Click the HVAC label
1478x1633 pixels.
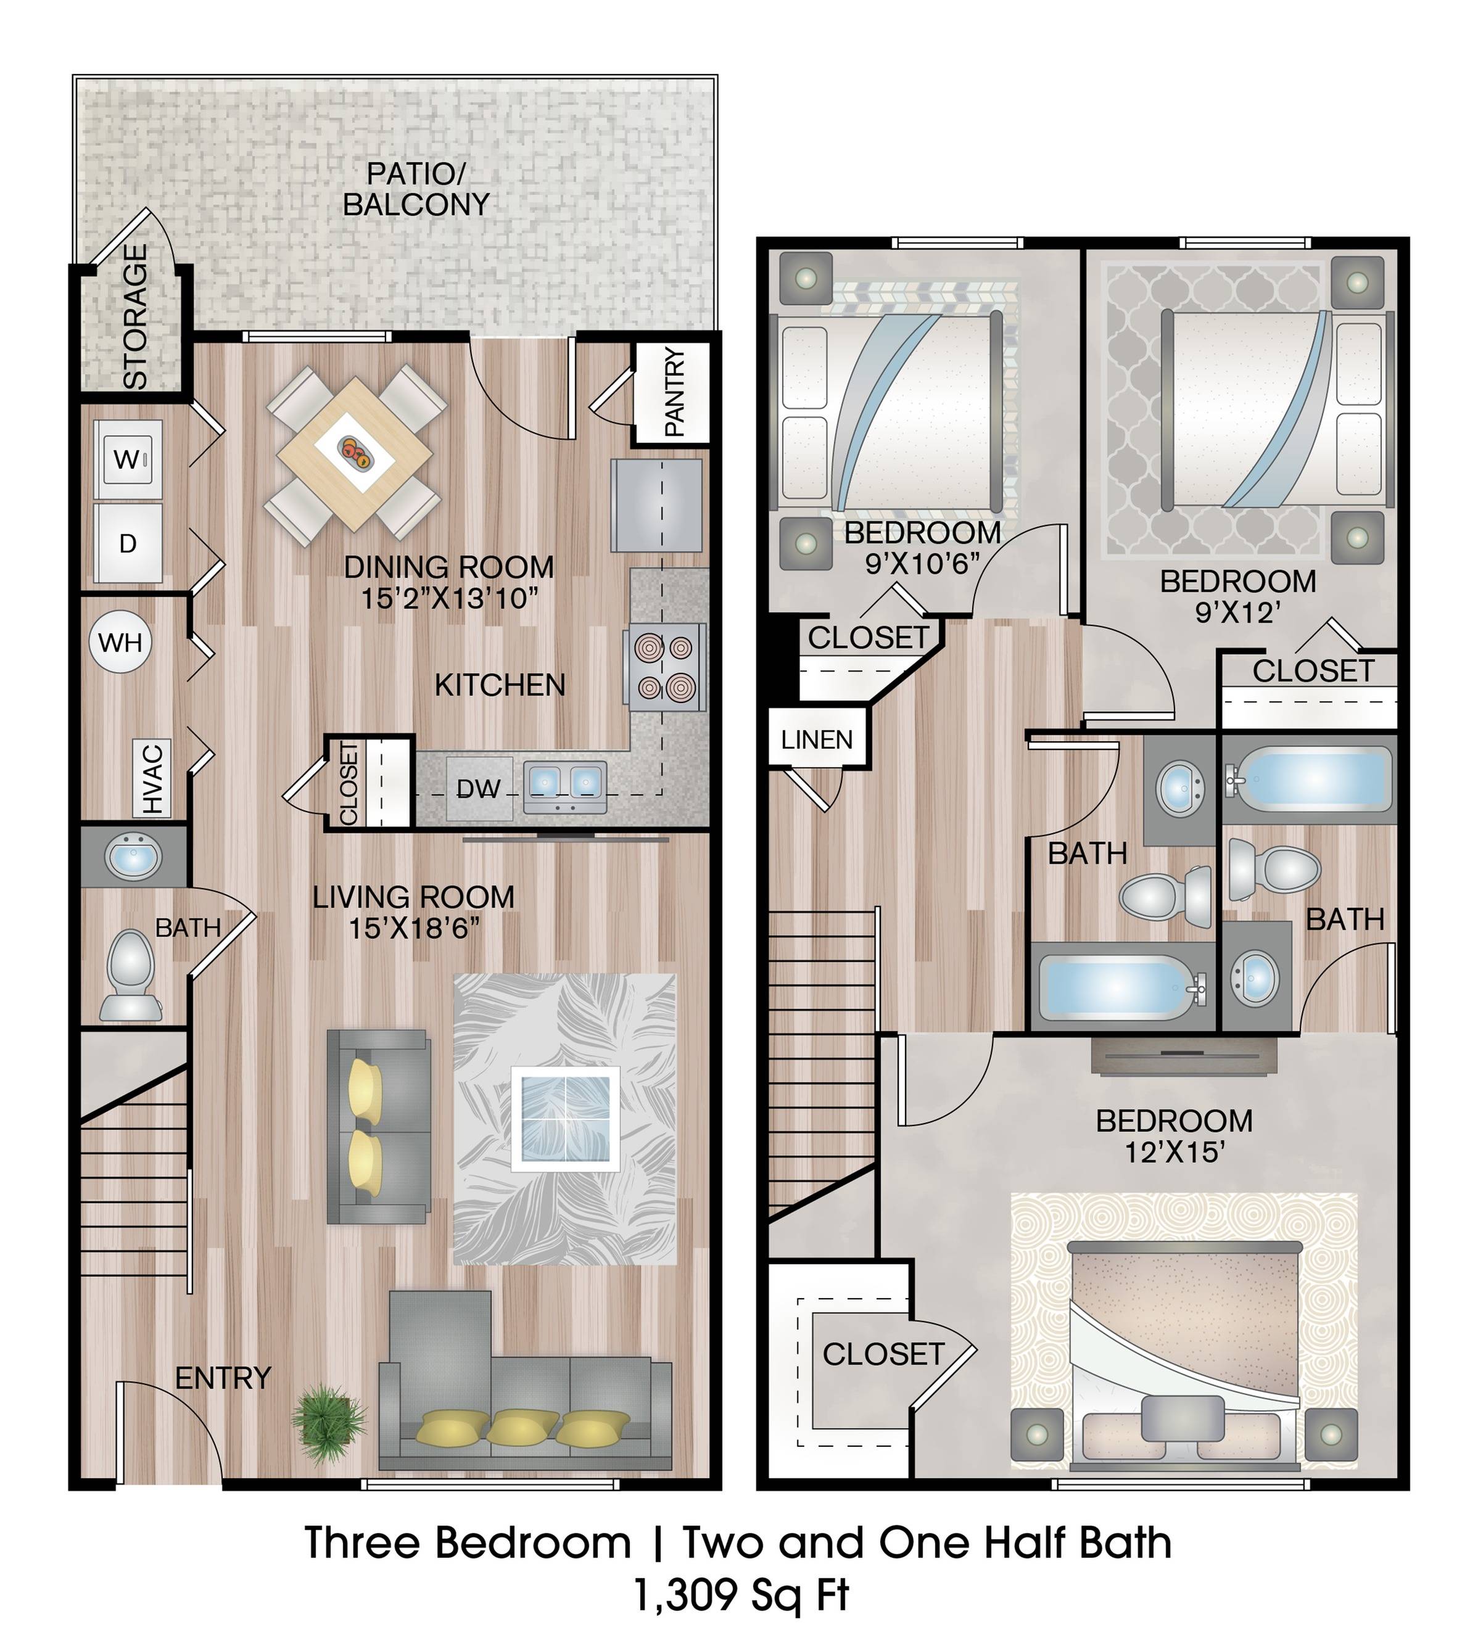[x=153, y=778]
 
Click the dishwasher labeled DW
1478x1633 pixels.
[x=478, y=788]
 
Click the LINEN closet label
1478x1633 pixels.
[x=816, y=739]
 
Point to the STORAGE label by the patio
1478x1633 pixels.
[x=134, y=316]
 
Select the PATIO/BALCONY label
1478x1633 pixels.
[x=416, y=189]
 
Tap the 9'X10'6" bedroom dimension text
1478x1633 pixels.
[x=922, y=563]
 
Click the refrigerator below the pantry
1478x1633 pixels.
[x=656, y=506]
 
